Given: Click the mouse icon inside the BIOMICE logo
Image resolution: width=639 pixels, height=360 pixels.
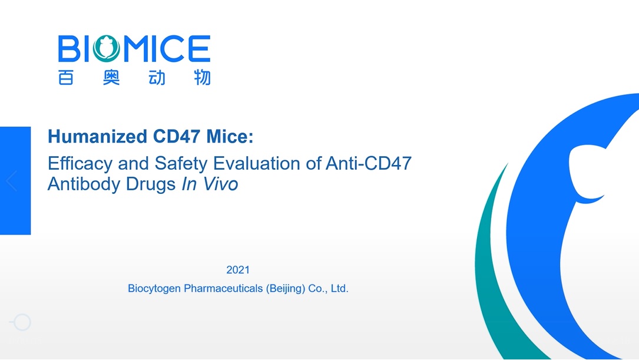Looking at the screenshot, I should pyautogui.click(x=106, y=48).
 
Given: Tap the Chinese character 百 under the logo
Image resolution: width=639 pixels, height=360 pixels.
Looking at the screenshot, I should pyautogui.click(x=66, y=78).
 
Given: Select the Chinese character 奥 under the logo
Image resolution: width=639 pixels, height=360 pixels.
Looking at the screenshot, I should pyautogui.click(x=111, y=78).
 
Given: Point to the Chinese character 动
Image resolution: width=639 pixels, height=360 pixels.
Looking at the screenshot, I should pyautogui.click(x=157, y=78).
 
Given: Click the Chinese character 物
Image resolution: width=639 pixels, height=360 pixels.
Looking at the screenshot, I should pyautogui.click(x=201, y=78).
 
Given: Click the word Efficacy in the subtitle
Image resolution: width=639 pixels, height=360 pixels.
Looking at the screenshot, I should pyautogui.click(x=80, y=164).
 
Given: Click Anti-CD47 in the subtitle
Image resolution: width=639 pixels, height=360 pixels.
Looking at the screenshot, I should pyautogui.click(x=368, y=163).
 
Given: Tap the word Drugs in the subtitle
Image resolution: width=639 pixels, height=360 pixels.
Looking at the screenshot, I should pyautogui.click(x=151, y=184).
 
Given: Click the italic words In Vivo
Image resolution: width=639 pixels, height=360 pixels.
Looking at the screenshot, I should pyautogui.click(x=209, y=184).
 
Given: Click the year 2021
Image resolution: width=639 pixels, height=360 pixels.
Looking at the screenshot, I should pyautogui.click(x=238, y=270).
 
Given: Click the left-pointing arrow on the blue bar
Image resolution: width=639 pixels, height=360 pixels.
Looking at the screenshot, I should pyautogui.click(x=11, y=180).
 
